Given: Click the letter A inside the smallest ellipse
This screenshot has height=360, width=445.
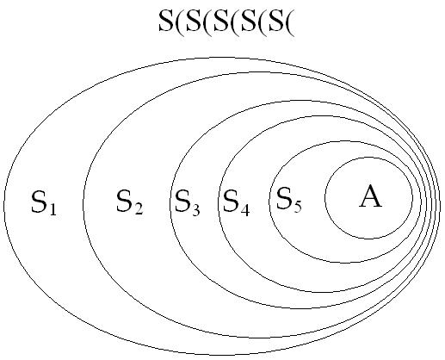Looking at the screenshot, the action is pyautogui.click(x=370, y=196).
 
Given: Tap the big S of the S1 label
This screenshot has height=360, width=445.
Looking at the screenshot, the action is pyautogui.click(x=40, y=202).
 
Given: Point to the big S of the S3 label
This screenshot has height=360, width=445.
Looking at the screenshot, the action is pyautogui.click(x=182, y=201).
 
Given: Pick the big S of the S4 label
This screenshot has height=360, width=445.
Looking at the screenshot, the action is pyautogui.click(x=232, y=201).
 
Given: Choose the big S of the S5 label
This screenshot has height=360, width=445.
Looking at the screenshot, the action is pyautogui.click(x=284, y=198).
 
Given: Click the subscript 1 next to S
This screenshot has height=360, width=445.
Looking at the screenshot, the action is pyautogui.click(x=53, y=208).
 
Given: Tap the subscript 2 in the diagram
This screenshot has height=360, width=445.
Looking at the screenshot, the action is pyautogui.click(x=139, y=208).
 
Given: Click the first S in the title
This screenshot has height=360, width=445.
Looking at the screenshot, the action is pyautogui.click(x=166, y=21).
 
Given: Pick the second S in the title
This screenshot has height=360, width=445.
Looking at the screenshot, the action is pyautogui.click(x=194, y=21).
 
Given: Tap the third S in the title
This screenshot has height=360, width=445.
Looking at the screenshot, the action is pyautogui.click(x=221, y=21).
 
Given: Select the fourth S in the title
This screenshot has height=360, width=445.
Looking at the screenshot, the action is pyautogui.click(x=249, y=21).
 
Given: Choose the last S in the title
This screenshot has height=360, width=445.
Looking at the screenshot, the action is pyautogui.click(x=276, y=21).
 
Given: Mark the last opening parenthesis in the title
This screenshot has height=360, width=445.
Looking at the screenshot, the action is pyautogui.click(x=290, y=23).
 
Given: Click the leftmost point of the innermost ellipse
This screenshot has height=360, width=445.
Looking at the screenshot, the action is pyautogui.click(x=325, y=198).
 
